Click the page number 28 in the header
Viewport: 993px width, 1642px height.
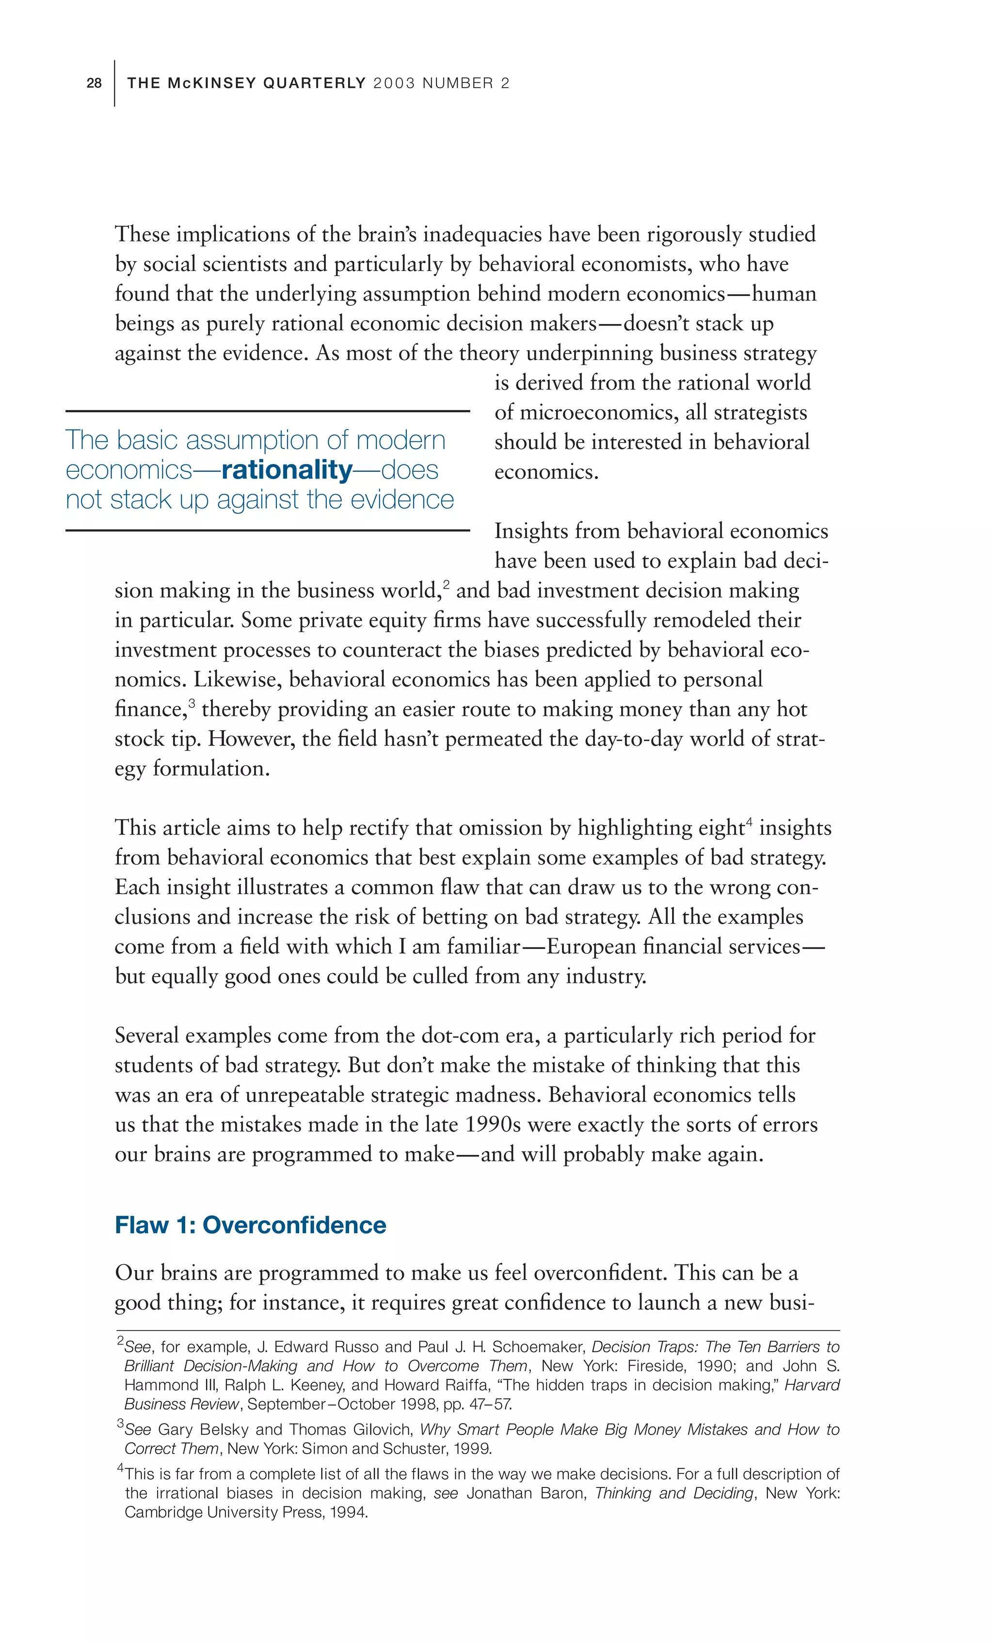[94, 83]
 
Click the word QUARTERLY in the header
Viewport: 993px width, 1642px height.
[315, 83]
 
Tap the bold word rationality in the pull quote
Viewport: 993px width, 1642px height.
[287, 470]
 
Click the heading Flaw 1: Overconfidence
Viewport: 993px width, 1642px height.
[250, 1225]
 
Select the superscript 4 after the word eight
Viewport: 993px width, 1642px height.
[749, 821]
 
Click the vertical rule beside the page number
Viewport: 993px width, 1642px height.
[115, 83]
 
